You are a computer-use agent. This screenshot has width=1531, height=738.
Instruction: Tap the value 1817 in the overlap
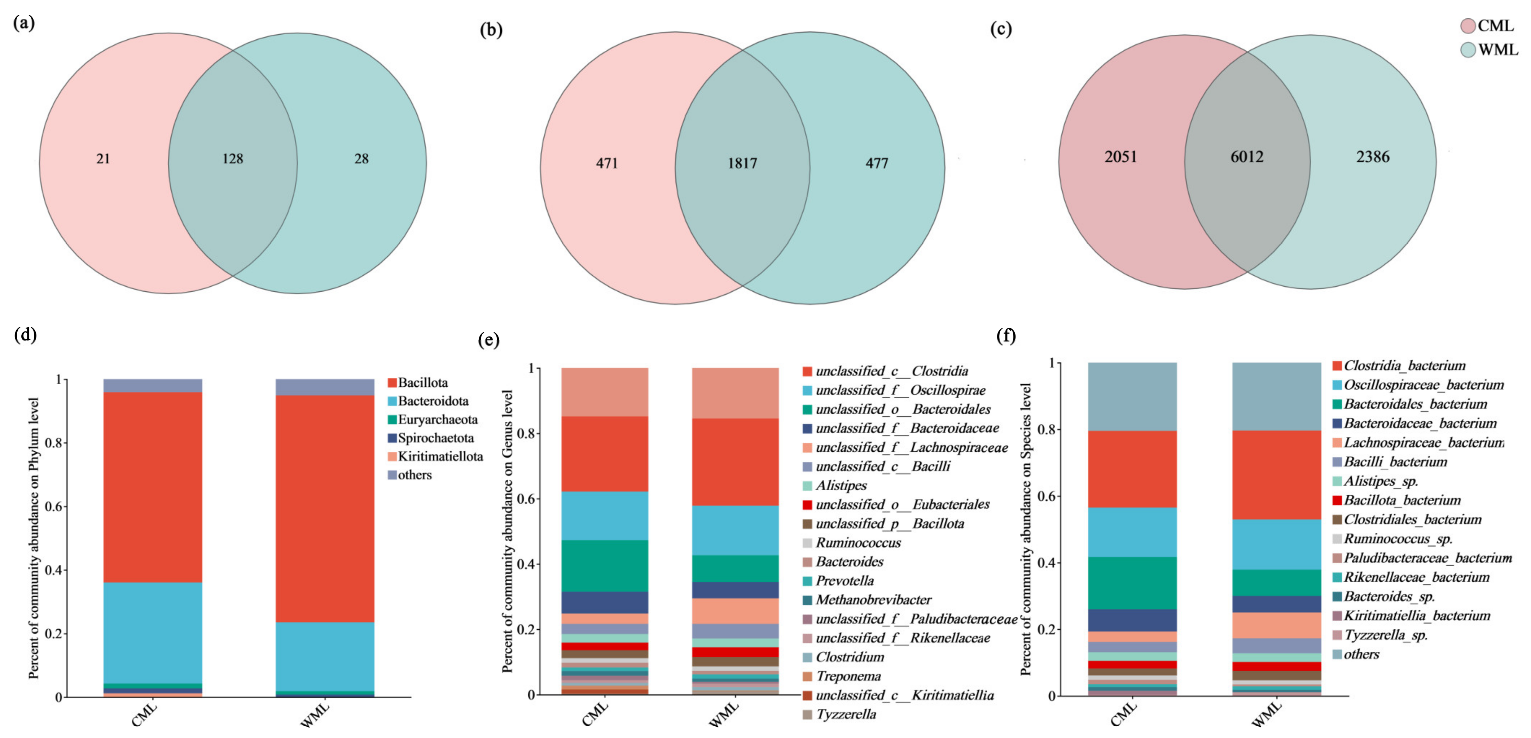[742, 163]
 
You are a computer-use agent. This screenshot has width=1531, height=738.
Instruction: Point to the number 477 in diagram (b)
[877, 163]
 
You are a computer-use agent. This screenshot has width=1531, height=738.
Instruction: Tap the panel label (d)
[25, 335]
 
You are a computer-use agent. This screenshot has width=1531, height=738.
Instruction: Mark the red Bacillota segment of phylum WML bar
[325, 508]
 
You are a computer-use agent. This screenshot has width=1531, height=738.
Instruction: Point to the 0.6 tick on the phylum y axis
[55, 507]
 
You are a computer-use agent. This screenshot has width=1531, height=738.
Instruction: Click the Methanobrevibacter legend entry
[873, 599]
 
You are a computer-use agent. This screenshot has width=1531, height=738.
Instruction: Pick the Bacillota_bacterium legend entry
[1402, 500]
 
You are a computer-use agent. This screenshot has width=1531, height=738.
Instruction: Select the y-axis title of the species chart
[1026, 529]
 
